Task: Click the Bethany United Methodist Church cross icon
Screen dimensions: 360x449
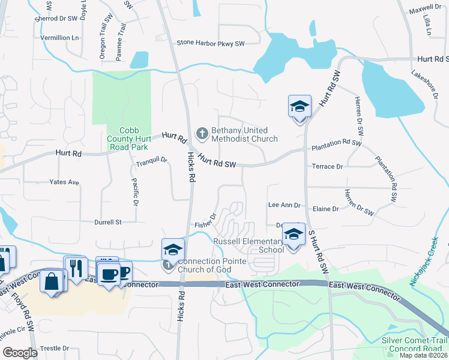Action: point(202,133)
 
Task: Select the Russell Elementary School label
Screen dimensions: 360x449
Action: point(249,245)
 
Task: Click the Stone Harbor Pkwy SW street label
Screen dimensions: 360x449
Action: point(211,43)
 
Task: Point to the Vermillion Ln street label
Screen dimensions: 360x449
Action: point(59,37)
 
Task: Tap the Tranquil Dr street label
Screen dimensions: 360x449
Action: point(151,161)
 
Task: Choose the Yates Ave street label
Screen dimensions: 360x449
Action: point(64,182)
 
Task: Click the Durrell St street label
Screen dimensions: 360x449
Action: point(107,222)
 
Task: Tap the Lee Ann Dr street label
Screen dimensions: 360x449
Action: point(284,205)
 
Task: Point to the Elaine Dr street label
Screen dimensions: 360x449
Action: point(326,209)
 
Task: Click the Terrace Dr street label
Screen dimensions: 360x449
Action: point(327,167)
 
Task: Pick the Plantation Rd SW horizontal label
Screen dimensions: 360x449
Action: point(336,145)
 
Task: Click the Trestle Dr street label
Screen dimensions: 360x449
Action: point(55,348)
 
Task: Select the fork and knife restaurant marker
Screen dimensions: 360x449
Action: point(76,268)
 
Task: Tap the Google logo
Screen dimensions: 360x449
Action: point(20,353)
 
